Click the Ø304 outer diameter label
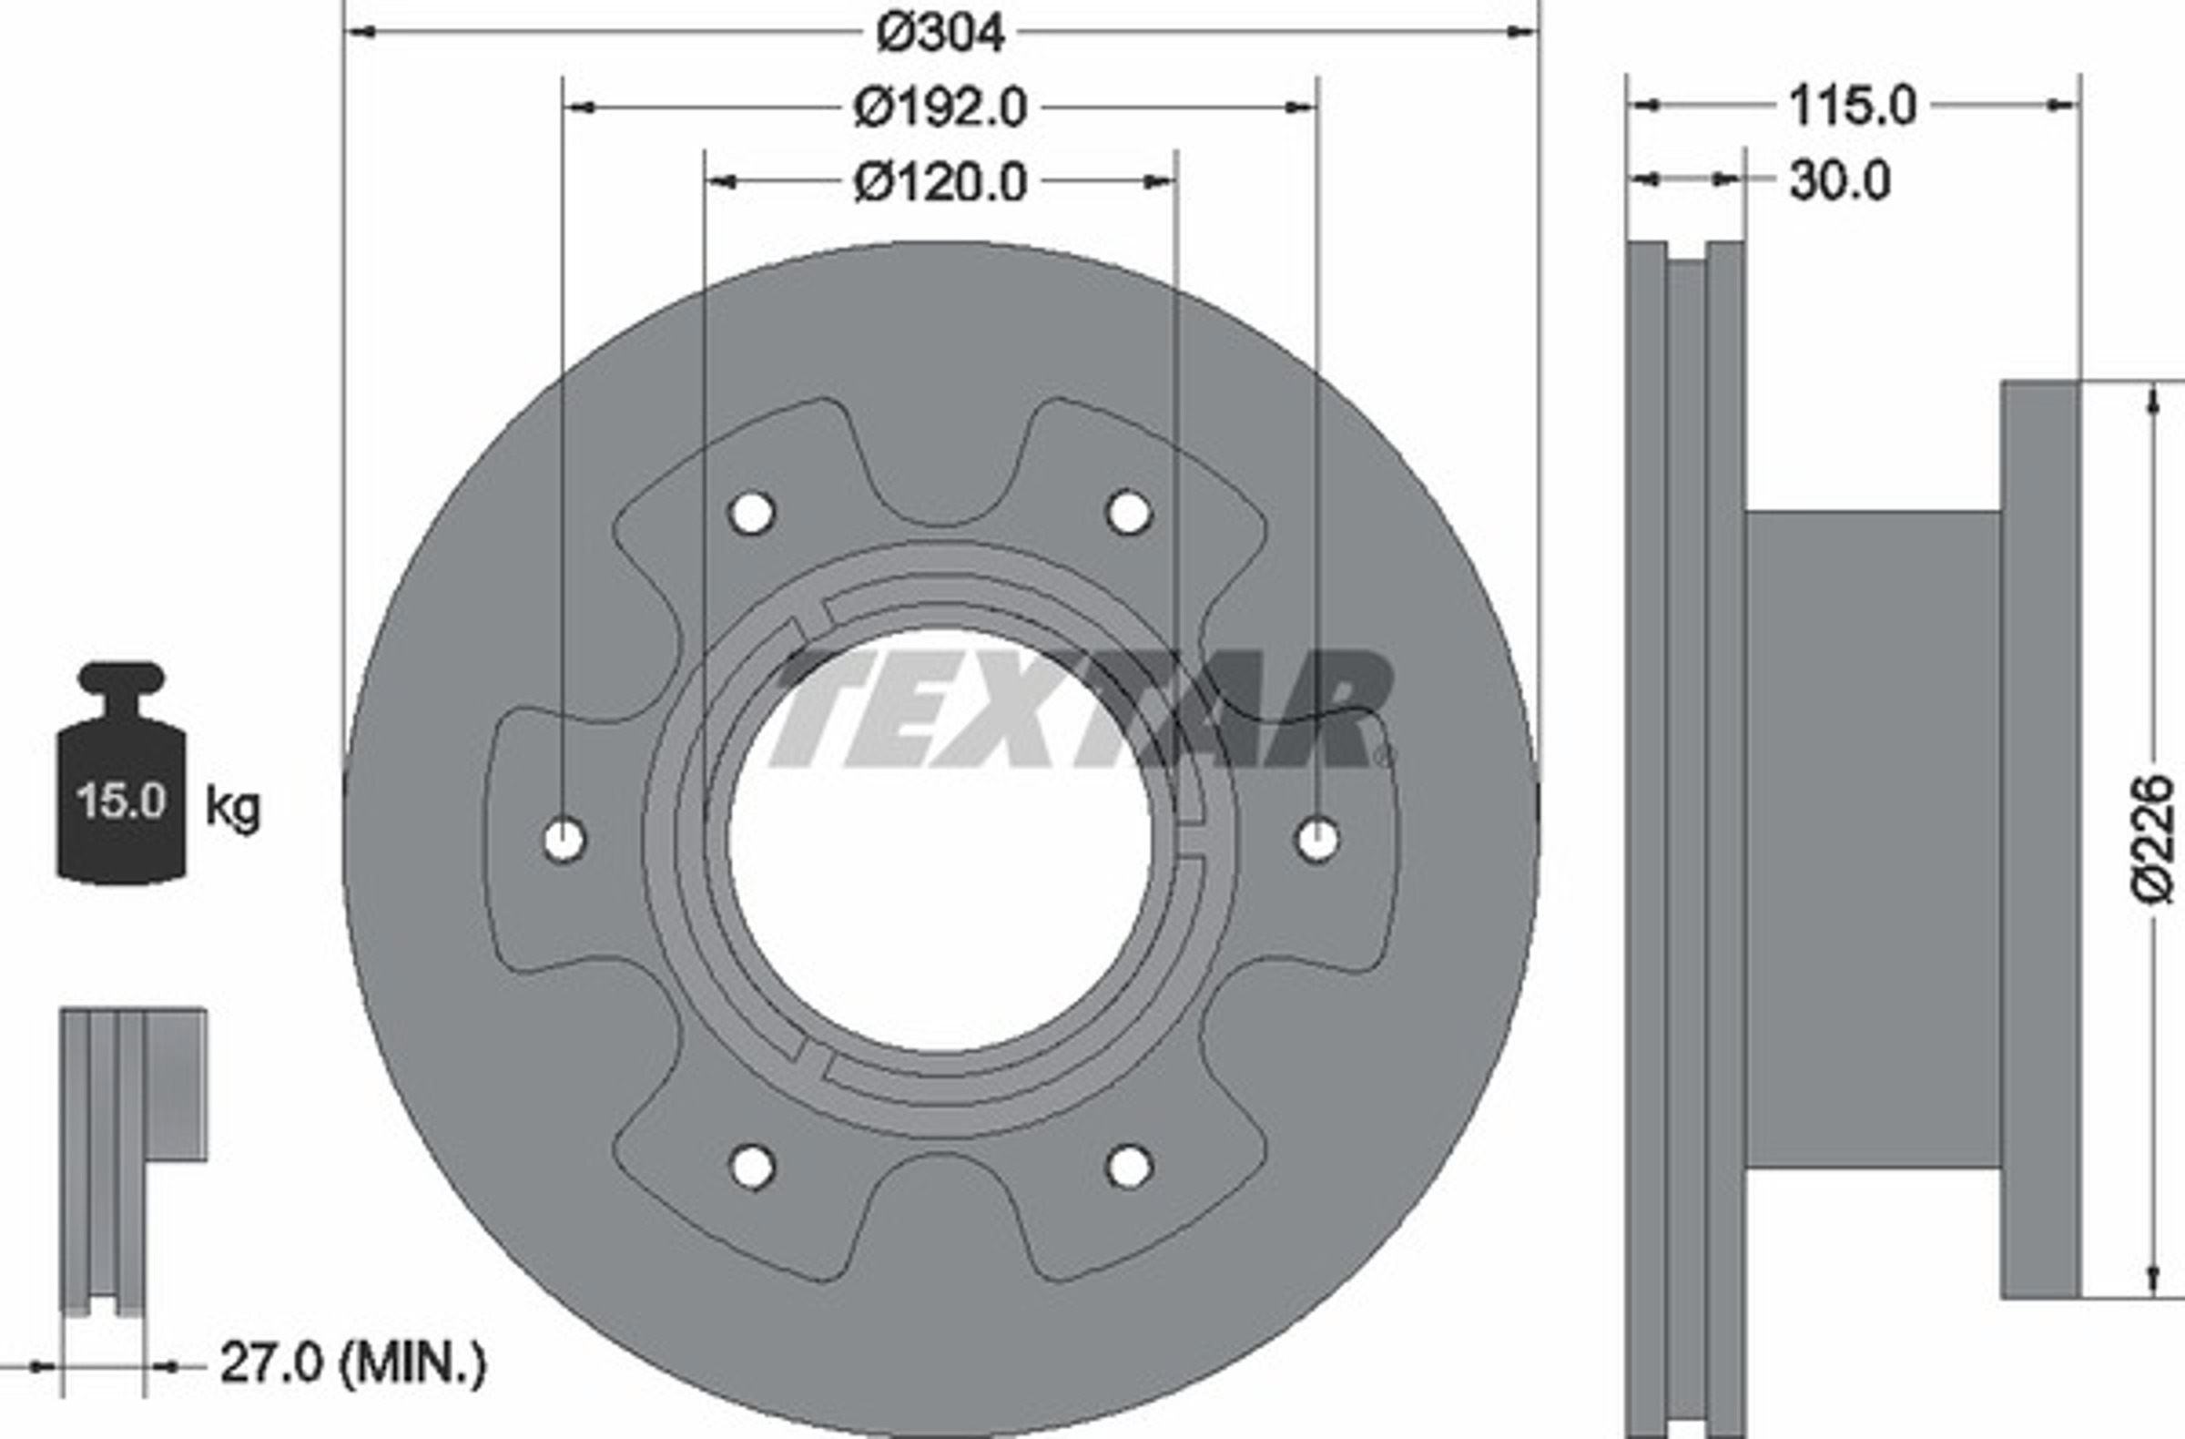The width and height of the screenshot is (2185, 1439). coord(941,34)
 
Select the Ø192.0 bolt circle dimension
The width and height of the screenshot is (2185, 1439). coord(940,108)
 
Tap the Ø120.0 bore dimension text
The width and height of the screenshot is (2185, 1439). coord(940,183)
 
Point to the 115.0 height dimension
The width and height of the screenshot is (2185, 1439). coord(1853,107)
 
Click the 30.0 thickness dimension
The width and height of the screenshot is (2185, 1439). coord(1840,181)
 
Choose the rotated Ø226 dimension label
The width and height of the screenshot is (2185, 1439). coord(2152,840)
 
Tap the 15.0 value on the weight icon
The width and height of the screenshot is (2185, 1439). coord(121,801)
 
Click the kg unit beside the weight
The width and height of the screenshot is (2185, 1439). coord(233,807)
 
